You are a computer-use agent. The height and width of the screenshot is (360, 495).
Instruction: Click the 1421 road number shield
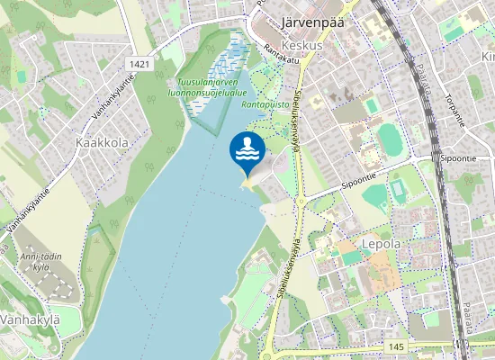[x=139, y=63]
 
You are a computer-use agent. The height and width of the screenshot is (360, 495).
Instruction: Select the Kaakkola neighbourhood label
[x=102, y=142]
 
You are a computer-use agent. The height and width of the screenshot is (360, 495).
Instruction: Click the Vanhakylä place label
[x=29, y=319]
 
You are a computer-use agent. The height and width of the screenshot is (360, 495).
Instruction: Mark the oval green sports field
[x=391, y=139]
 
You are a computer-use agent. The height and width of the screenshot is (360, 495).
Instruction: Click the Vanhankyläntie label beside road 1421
[x=113, y=97]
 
